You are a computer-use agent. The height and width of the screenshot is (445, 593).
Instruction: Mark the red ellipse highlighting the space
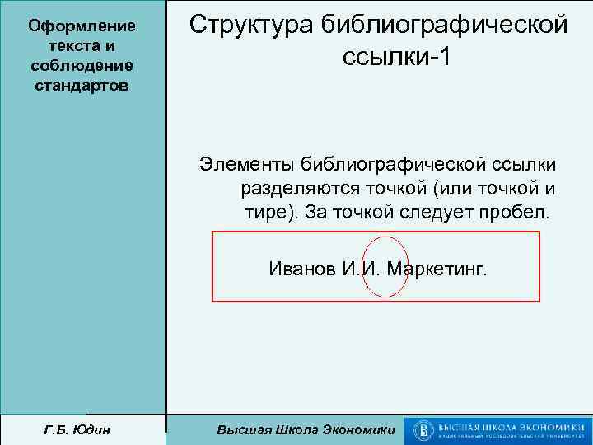pyautogui.click(x=385, y=267)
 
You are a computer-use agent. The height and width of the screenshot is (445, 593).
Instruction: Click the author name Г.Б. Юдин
pyautogui.click(x=82, y=430)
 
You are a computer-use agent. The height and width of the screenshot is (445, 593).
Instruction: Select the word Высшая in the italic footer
pyautogui.click(x=242, y=430)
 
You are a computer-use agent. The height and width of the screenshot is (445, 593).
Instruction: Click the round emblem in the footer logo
pyautogui.click(x=425, y=430)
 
